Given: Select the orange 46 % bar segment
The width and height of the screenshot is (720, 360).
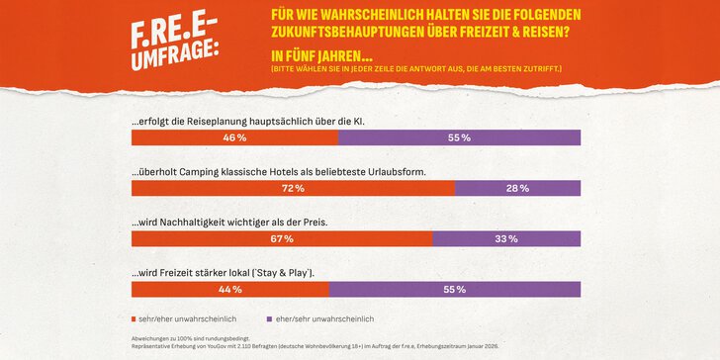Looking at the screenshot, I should click(233, 137).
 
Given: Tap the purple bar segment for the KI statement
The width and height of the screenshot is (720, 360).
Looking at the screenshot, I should click(459, 137).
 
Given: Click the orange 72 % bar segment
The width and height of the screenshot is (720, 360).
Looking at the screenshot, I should click(293, 188).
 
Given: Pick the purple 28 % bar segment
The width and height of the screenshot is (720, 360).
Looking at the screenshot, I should click(517, 188).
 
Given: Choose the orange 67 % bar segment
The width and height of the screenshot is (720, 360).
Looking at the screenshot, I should click(281, 238).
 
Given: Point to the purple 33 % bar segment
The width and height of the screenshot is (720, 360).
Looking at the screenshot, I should click(505, 238).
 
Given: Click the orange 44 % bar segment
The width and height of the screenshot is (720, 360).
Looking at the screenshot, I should click(229, 289).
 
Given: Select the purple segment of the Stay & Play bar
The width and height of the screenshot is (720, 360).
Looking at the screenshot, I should click(455, 289).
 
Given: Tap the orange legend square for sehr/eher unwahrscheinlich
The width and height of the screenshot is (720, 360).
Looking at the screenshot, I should click(135, 319).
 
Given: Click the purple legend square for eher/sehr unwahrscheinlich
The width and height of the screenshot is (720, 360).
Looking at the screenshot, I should click(269, 319).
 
